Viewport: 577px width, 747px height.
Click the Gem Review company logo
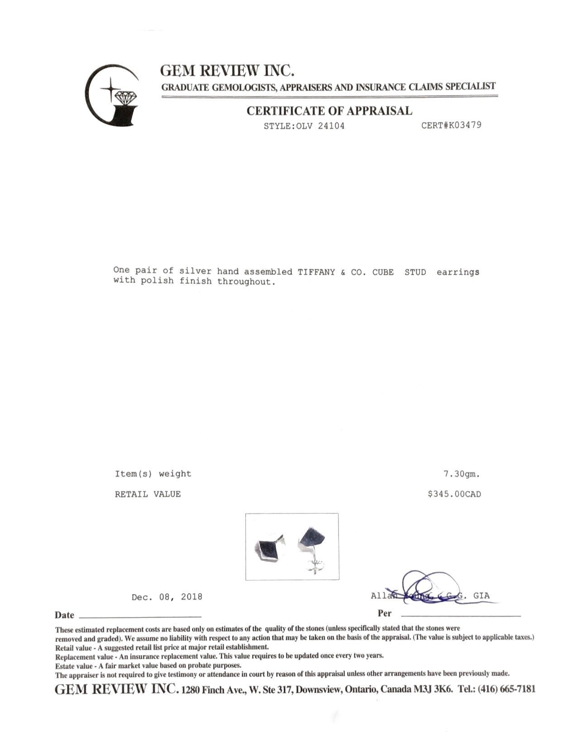click(x=113, y=96)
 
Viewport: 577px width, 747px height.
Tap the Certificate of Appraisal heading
click(x=329, y=111)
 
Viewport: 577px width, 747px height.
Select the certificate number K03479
click(x=451, y=125)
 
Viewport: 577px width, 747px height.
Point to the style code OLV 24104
click(x=304, y=126)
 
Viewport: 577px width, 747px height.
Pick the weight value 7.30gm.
click(x=461, y=474)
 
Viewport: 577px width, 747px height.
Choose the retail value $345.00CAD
click(x=454, y=494)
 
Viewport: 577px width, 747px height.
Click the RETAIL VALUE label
click(x=148, y=494)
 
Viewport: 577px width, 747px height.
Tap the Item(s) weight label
click(x=153, y=474)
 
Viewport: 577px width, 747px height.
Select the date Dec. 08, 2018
click(x=167, y=597)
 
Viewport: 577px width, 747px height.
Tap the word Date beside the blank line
click(x=64, y=615)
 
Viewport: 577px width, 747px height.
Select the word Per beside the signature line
click(x=385, y=614)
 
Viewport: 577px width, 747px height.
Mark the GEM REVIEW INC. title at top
click(x=228, y=71)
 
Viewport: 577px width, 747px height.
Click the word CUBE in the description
click(x=383, y=272)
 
